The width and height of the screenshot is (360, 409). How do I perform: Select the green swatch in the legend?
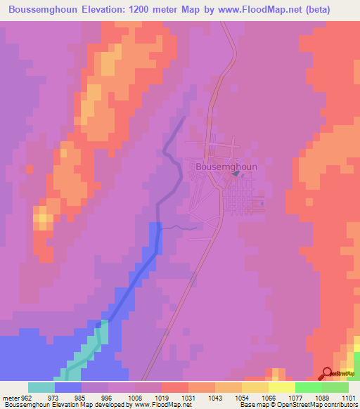[x=308, y=387]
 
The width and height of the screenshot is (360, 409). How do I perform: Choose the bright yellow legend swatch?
[x=281, y=387]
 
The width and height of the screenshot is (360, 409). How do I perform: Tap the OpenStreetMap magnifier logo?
[x=326, y=373]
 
